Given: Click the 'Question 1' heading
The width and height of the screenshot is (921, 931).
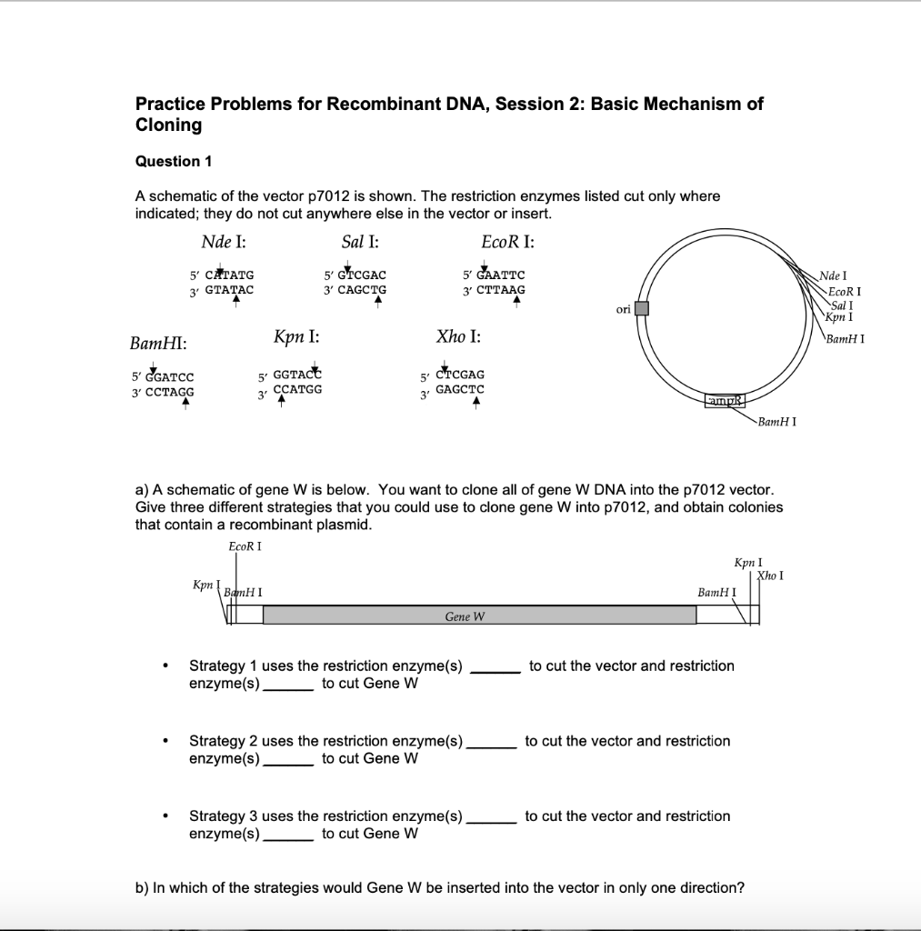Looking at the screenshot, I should click(174, 161).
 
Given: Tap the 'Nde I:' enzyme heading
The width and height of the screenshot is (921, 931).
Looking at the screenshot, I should click(223, 242).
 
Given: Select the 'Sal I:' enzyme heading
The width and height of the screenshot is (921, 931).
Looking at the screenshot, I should click(360, 242).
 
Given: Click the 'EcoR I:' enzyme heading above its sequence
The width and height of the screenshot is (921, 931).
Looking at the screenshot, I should click(507, 242).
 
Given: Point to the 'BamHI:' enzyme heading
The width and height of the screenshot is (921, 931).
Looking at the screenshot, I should click(159, 343).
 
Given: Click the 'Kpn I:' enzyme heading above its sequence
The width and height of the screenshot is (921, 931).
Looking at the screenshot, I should click(296, 336).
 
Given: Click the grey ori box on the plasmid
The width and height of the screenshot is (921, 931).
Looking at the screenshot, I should click(642, 308).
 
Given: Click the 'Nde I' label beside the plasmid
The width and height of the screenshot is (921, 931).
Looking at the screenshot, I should click(832, 275).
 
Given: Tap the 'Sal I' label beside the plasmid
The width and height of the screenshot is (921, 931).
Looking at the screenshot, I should click(841, 305).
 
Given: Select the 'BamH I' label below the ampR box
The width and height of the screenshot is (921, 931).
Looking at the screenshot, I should click(777, 423).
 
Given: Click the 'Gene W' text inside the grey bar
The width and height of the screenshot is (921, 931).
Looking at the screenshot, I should click(465, 616).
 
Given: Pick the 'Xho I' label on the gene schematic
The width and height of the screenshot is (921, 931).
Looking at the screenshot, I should click(771, 575).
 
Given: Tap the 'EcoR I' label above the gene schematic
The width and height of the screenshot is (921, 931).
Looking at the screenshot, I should click(245, 546).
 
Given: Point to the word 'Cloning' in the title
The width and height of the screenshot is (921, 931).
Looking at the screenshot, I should click(168, 125).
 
